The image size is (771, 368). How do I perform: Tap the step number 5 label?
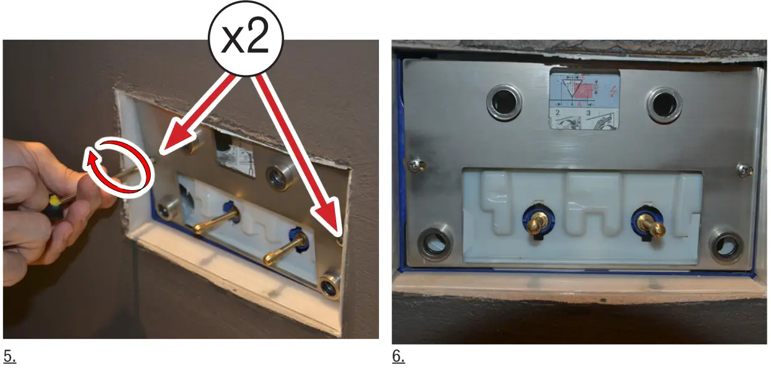tap(9, 357)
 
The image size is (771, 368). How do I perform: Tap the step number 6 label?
tap(398, 357)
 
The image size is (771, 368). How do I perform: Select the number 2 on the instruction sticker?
tap(557, 113)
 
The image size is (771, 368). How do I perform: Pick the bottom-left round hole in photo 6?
tap(436, 243)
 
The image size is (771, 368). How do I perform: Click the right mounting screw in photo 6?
tap(743, 168)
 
